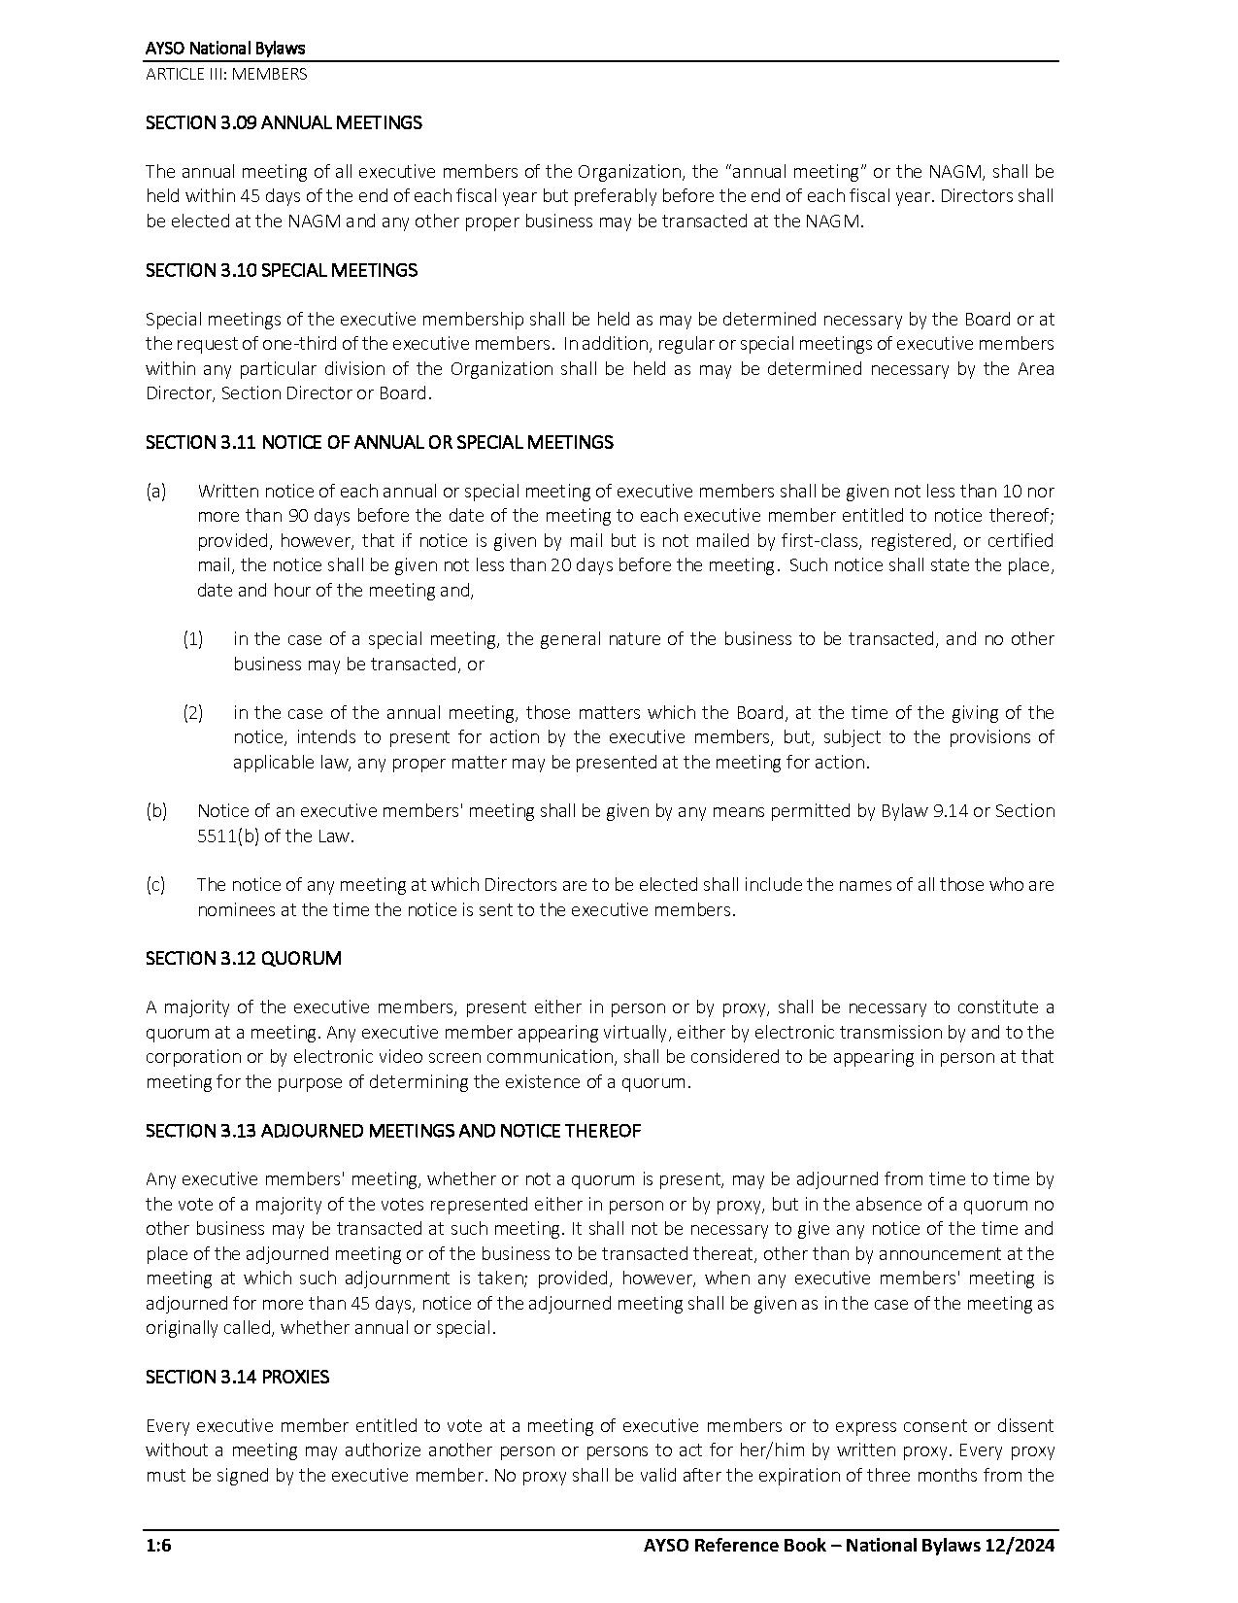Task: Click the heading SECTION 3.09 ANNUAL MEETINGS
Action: [x=284, y=122]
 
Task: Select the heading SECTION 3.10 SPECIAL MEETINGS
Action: [x=282, y=270]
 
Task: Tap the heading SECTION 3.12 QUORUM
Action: [x=243, y=959]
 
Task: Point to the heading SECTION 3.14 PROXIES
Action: [x=237, y=1378]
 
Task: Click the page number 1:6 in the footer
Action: [x=158, y=1546]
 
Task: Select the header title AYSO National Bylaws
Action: [x=225, y=49]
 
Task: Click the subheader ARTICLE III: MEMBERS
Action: [x=225, y=74]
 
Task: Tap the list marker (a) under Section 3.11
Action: [x=156, y=492]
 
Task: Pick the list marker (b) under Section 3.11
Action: [x=156, y=811]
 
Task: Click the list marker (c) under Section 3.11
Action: [x=155, y=885]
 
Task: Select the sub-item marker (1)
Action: [x=193, y=639]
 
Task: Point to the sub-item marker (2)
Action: [x=193, y=713]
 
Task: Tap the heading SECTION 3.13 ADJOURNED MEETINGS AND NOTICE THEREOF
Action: [x=393, y=1131]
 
